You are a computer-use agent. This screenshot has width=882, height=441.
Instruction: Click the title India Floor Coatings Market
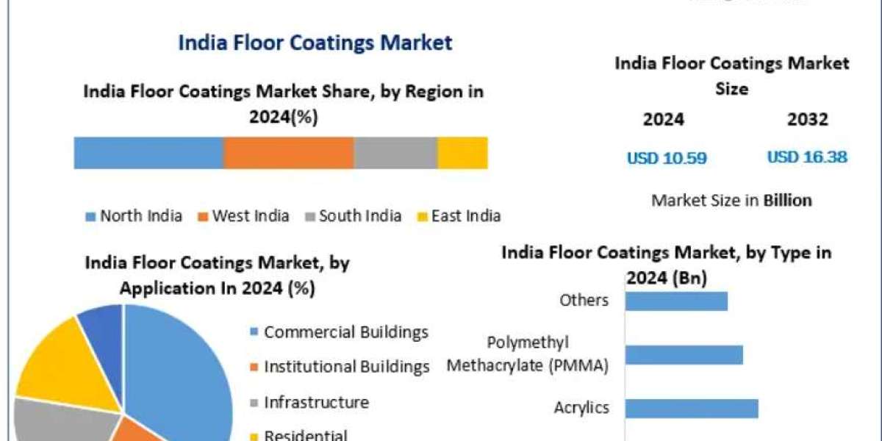315,43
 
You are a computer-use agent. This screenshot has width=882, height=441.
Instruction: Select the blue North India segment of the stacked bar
148,153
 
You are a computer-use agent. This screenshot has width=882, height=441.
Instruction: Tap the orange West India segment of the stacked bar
288,153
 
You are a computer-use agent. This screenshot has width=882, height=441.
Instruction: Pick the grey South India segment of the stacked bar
395,153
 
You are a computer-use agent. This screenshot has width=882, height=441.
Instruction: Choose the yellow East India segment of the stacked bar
462,153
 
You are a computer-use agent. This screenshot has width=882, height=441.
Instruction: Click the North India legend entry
135,216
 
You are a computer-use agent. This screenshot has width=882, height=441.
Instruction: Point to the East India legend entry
459,216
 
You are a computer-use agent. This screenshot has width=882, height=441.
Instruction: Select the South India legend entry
353,216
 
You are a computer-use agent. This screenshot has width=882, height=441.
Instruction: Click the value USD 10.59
667,157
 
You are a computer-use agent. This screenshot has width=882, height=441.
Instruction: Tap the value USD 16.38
807,157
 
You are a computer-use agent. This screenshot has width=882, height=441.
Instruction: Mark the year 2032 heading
807,120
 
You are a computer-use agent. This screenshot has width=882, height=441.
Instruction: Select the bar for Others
676,301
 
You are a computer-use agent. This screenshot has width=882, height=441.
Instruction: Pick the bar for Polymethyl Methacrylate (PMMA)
684,355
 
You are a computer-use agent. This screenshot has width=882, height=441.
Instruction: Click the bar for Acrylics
691,409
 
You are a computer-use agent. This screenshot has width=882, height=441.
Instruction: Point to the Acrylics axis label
582,408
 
